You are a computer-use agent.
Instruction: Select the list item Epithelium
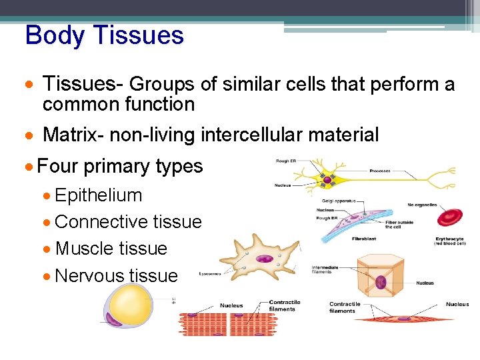99,195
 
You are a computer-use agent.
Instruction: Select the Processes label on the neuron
381,171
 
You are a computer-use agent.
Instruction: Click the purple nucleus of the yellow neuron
327,179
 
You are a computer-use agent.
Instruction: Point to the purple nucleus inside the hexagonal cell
381,281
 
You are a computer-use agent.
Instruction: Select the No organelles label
423,205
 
